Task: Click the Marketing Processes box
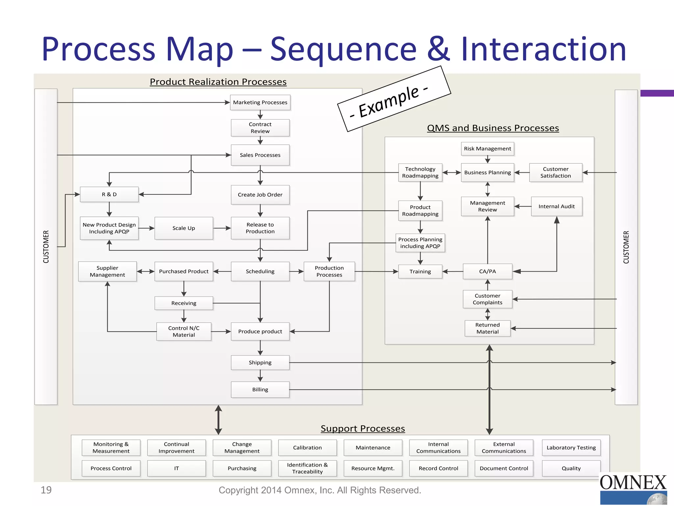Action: click(260, 102)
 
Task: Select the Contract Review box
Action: click(260, 128)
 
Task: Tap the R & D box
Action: click(109, 194)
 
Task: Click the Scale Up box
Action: click(184, 228)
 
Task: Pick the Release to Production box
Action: click(260, 228)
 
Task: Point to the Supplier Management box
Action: click(107, 271)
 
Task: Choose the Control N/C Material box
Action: click(184, 331)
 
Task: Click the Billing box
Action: click(260, 390)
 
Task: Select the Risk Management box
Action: click(487, 149)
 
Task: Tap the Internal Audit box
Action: click(557, 207)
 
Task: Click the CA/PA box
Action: click(487, 271)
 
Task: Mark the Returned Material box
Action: click(487, 328)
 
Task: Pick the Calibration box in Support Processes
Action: click(307, 448)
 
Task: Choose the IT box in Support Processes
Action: click(176, 468)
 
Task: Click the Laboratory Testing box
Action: click(571, 448)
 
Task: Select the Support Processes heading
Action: click(363, 429)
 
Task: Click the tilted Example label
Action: click(394, 99)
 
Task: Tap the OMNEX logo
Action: click(633, 488)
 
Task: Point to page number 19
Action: click(46, 490)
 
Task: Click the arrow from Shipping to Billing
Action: click(260, 376)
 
